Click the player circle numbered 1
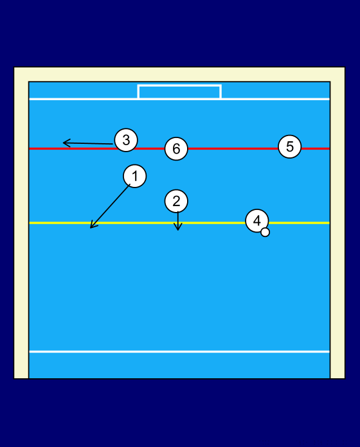(135, 176)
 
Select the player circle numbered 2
(176, 201)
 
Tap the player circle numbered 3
(126, 140)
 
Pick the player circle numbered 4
(257, 221)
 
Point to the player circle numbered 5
(290, 146)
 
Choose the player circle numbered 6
(176, 148)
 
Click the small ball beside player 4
(265, 232)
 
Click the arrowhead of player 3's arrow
(64, 143)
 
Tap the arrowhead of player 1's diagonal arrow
(91, 227)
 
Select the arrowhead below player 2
(177, 229)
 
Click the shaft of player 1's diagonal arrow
(110, 206)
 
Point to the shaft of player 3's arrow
(88, 143)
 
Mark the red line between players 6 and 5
(233, 148)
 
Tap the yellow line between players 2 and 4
(217, 223)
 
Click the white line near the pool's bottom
(179, 352)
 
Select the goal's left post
(138, 91)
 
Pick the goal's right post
(221, 91)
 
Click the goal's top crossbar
(179, 85)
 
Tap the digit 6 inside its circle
(176, 149)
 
